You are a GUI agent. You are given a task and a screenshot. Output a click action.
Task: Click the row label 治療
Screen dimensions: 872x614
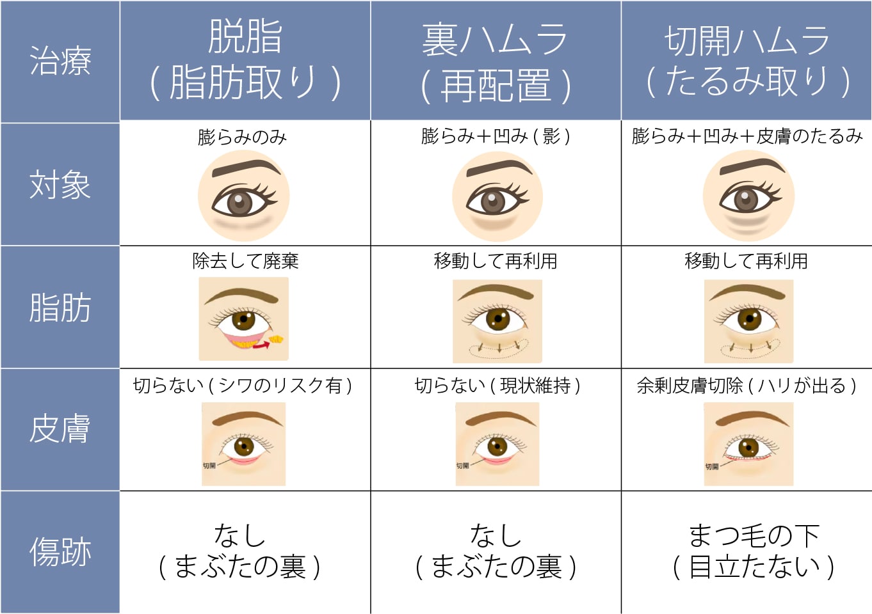[x=60, y=61]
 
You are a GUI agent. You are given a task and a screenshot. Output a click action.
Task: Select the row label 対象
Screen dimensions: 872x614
[x=60, y=185]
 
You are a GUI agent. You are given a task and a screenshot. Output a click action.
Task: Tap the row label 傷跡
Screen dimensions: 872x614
[x=60, y=552]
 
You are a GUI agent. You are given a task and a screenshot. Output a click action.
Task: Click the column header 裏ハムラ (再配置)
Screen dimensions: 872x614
[x=495, y=62]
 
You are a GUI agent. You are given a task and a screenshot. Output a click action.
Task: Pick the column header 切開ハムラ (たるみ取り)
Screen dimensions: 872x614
[x=747, y=61]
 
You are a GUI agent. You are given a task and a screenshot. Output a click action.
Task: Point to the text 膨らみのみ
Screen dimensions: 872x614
[x=242, y=138]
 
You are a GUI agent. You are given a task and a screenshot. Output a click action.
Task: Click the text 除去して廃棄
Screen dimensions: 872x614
[x=245, y=260]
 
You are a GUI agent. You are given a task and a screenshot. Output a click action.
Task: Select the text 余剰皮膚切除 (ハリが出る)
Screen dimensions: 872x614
[x=747, y=386]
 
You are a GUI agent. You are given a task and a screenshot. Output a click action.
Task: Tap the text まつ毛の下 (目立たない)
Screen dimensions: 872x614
[x=754, y=552]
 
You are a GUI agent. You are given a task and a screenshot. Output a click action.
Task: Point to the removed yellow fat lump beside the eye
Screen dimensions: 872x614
[x=276, y=340]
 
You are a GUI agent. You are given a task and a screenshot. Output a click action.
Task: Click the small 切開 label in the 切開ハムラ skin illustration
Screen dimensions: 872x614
[x=712, y=466]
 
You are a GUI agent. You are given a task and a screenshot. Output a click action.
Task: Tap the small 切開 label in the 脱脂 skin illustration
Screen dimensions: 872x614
[x=209, y=466]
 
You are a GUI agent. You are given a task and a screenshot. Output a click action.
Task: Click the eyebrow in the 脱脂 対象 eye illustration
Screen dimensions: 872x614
[x=246, y=168]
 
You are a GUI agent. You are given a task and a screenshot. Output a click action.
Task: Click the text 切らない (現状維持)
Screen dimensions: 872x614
[x=497, y=386]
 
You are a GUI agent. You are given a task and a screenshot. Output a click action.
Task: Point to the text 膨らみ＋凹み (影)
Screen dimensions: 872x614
[x=495, y=137]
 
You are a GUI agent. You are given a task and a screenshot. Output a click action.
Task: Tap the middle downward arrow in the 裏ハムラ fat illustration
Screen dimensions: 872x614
[x=499, y=347]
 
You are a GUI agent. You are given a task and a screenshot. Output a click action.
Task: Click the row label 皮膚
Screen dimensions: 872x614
[x=60, y=429]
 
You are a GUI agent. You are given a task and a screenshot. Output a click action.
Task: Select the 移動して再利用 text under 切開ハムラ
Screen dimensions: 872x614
[x=747, y=260]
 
